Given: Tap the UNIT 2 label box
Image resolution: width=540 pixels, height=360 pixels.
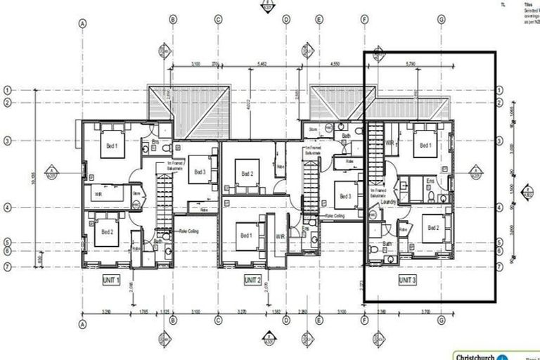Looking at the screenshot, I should click(x=252, y=280).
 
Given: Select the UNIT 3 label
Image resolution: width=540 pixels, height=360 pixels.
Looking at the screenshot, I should click(x=408, y=280).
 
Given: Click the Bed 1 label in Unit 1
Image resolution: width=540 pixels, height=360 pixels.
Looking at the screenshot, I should click(x=111, y=146).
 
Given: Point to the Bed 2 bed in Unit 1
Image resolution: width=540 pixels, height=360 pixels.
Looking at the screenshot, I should click(x=107, y=232).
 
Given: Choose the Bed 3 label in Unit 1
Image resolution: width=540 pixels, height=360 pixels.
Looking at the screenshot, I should click(x=200, y=172).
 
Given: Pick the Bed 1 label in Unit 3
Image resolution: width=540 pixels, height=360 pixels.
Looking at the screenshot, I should click(x=425, y=146).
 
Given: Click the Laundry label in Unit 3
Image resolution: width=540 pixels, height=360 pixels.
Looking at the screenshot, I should click(x=389, y=202).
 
